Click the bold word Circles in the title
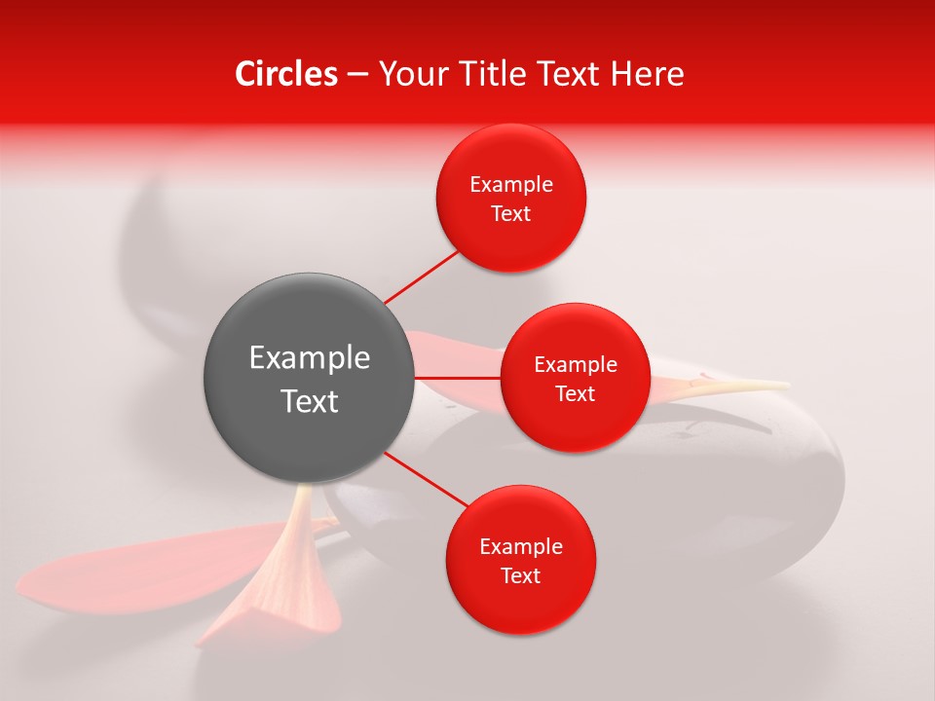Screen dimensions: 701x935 (x=286, y=74)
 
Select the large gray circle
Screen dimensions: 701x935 (x=310, y=378)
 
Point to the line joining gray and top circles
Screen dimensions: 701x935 (x=421, y=277)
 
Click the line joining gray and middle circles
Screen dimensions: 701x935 (x=458, y=377)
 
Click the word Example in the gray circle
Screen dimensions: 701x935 (x=310, y=358)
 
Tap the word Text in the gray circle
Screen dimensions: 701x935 (x=310, y=401)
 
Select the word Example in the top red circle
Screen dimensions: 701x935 (x=511, y=185)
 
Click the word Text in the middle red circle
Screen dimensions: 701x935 (x=575, y=394)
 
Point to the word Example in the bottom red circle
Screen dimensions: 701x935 (x=521, y=547)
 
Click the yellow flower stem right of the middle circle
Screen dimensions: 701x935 (x=740, y=387)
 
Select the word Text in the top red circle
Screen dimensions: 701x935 (x=511, y=214)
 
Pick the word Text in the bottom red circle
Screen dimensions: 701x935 (x=521, y=576)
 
